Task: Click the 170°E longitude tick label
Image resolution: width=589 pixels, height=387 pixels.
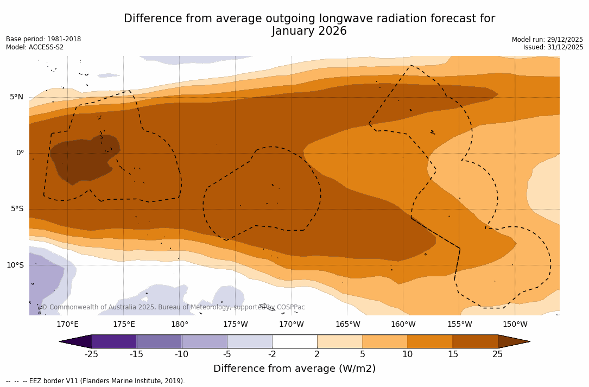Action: [x=67, y=325]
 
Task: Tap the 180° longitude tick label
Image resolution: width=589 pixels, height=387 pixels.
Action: [x=179, y=325]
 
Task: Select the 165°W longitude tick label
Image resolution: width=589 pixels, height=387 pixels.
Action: [x=347, y=325]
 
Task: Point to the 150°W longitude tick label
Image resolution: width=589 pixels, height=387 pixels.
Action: [x=515, y=325]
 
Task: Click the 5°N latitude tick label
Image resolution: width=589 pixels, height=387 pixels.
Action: [x=16, y=97]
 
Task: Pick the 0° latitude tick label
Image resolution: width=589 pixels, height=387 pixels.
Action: [x=20, y=153]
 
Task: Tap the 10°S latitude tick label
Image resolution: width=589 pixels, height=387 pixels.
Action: [x=15, y=265]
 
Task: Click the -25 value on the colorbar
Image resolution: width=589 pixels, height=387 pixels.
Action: [x=91, y=354]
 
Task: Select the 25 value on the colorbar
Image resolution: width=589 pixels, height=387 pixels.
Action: [x=497, y=354]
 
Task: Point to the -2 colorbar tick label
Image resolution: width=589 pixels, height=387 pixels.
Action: [x=272, y=354]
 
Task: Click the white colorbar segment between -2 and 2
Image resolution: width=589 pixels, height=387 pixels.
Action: [x=294, y=341]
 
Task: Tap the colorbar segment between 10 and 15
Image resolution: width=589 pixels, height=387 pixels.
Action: [x=430, y=341]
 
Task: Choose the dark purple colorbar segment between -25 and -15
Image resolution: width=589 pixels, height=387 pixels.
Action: [x=114, y=341]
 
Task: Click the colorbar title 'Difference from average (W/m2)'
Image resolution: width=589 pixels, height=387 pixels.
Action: [x=294, y=369]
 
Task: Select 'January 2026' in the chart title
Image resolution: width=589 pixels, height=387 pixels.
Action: [x=309, y=31]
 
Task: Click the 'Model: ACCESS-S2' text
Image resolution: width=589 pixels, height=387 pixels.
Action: [x=35, y=47]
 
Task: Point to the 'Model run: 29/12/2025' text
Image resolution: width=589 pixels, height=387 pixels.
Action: [x=547, y=40]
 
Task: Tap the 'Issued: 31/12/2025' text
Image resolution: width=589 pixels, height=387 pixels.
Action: [x=553, y=47]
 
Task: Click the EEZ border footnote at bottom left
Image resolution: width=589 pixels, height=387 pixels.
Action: [x=96, y=381]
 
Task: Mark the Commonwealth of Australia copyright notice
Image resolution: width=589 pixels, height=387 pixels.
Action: [x=173, y=307]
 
